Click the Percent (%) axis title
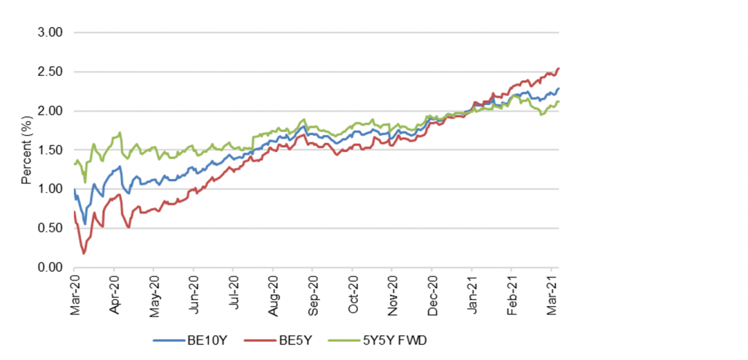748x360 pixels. (x=26, y=150)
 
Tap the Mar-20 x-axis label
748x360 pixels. (x=75, y=288)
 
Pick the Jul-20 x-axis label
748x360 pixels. (x=234, y=288)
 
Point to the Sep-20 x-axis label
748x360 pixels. (x=313, y=288)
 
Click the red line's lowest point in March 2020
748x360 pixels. (x=83, y=253)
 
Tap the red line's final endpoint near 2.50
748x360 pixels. (x=559, y=69)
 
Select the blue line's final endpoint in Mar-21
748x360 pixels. (x=559, y=89)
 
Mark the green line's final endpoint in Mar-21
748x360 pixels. (x=559, y=102)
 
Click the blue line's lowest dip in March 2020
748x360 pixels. (x=85, y=224)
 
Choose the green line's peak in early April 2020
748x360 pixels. (x=119, y=133)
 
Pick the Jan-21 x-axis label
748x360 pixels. (x=473, y=288)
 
